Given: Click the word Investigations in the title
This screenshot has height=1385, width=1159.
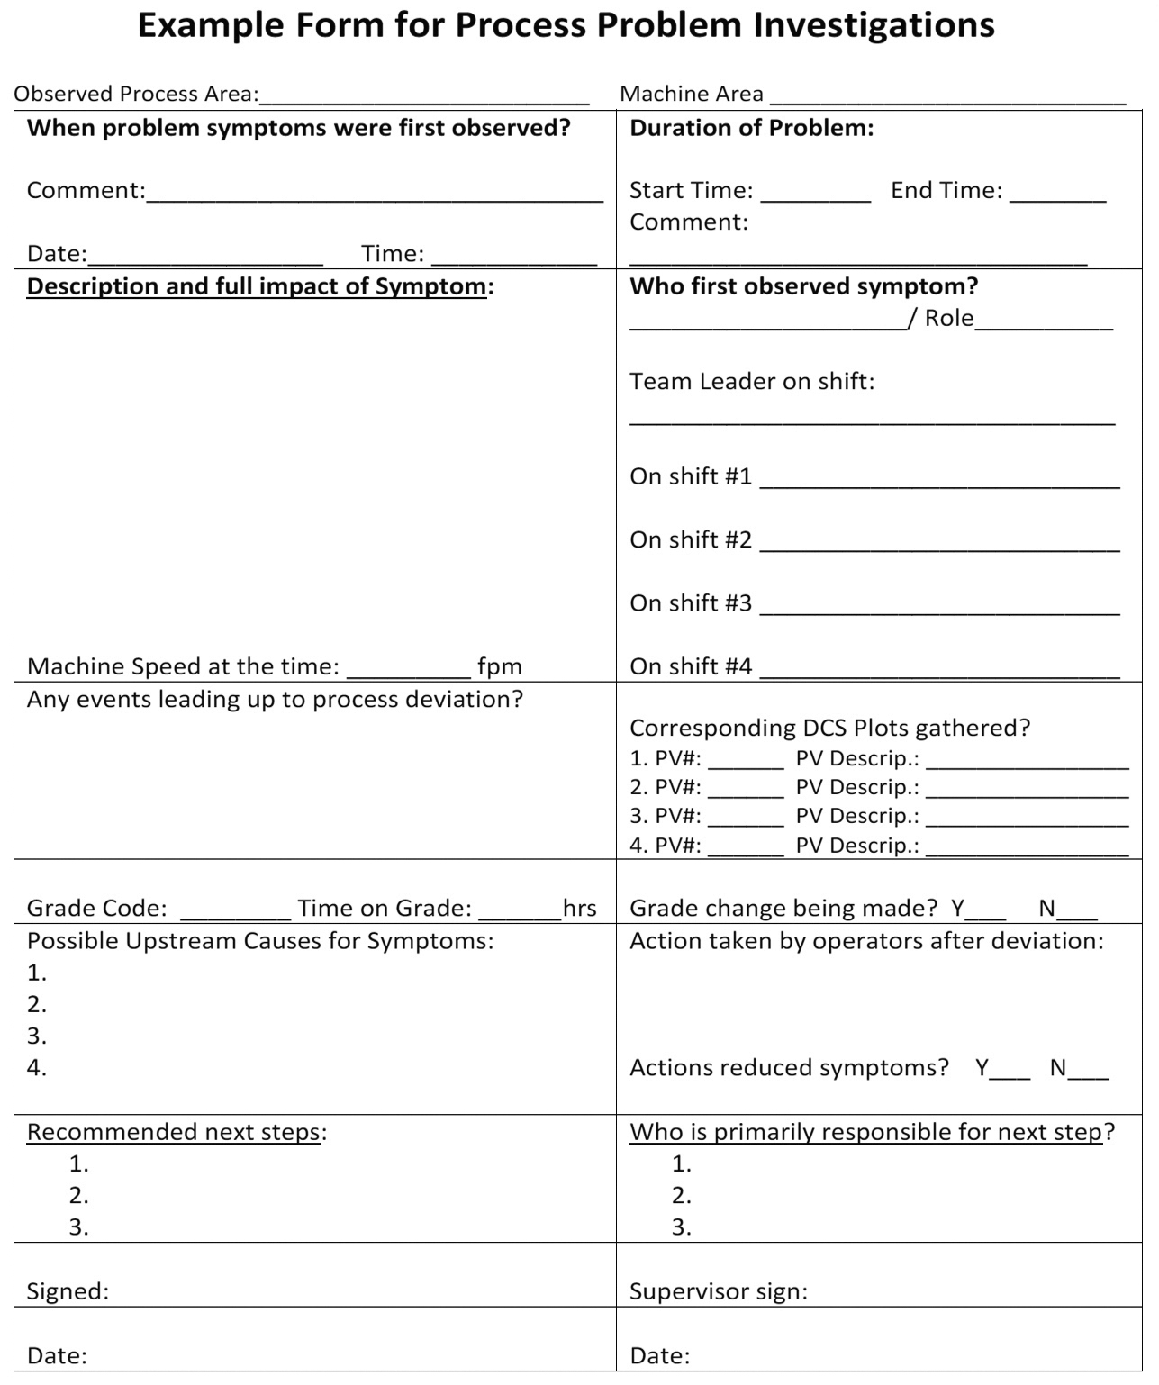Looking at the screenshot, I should click(874, 25).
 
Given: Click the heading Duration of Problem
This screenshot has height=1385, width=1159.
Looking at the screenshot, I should click(751, 128).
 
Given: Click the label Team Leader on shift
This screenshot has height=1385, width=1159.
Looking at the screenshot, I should click(752, 381).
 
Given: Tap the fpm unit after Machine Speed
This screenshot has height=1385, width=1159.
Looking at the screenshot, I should click(500, 666).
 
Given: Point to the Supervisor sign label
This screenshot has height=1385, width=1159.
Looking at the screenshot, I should click(718, 1291).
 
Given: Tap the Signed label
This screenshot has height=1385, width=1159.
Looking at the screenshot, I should click(68, 1291).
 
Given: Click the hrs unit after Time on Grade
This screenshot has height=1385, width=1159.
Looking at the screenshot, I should click(580, 908).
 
